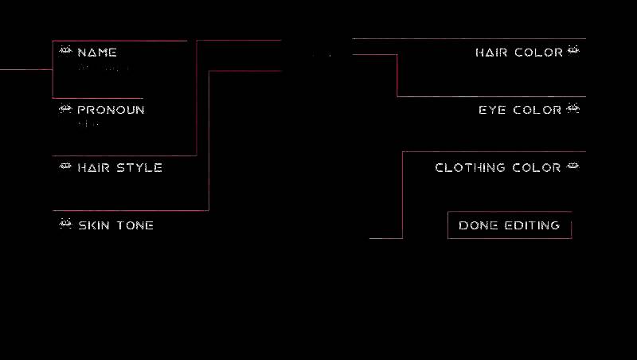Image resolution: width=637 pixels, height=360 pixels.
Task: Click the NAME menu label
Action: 97,53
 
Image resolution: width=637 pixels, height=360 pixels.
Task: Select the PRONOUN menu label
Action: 111,110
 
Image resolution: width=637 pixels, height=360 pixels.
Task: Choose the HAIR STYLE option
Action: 119,168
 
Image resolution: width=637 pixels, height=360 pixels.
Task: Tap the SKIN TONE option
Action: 115,225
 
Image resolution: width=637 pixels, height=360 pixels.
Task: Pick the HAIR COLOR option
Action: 518,53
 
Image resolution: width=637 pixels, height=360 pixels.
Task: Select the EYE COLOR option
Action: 520,110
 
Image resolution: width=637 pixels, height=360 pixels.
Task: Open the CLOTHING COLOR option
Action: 498,168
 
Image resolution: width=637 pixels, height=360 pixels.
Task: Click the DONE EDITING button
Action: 510,225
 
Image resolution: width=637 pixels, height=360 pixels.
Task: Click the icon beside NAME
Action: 65,52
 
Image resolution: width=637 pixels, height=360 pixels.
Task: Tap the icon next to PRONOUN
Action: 65,109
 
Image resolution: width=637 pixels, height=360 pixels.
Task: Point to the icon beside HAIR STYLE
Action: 65,167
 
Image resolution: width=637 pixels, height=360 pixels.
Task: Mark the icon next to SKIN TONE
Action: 65,225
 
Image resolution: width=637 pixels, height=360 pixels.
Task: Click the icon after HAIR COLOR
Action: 573,52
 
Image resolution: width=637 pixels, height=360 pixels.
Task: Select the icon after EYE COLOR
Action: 573,109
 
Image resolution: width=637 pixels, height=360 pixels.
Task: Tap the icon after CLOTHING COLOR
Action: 573,167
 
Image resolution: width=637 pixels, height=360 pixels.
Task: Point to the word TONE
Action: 135,225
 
